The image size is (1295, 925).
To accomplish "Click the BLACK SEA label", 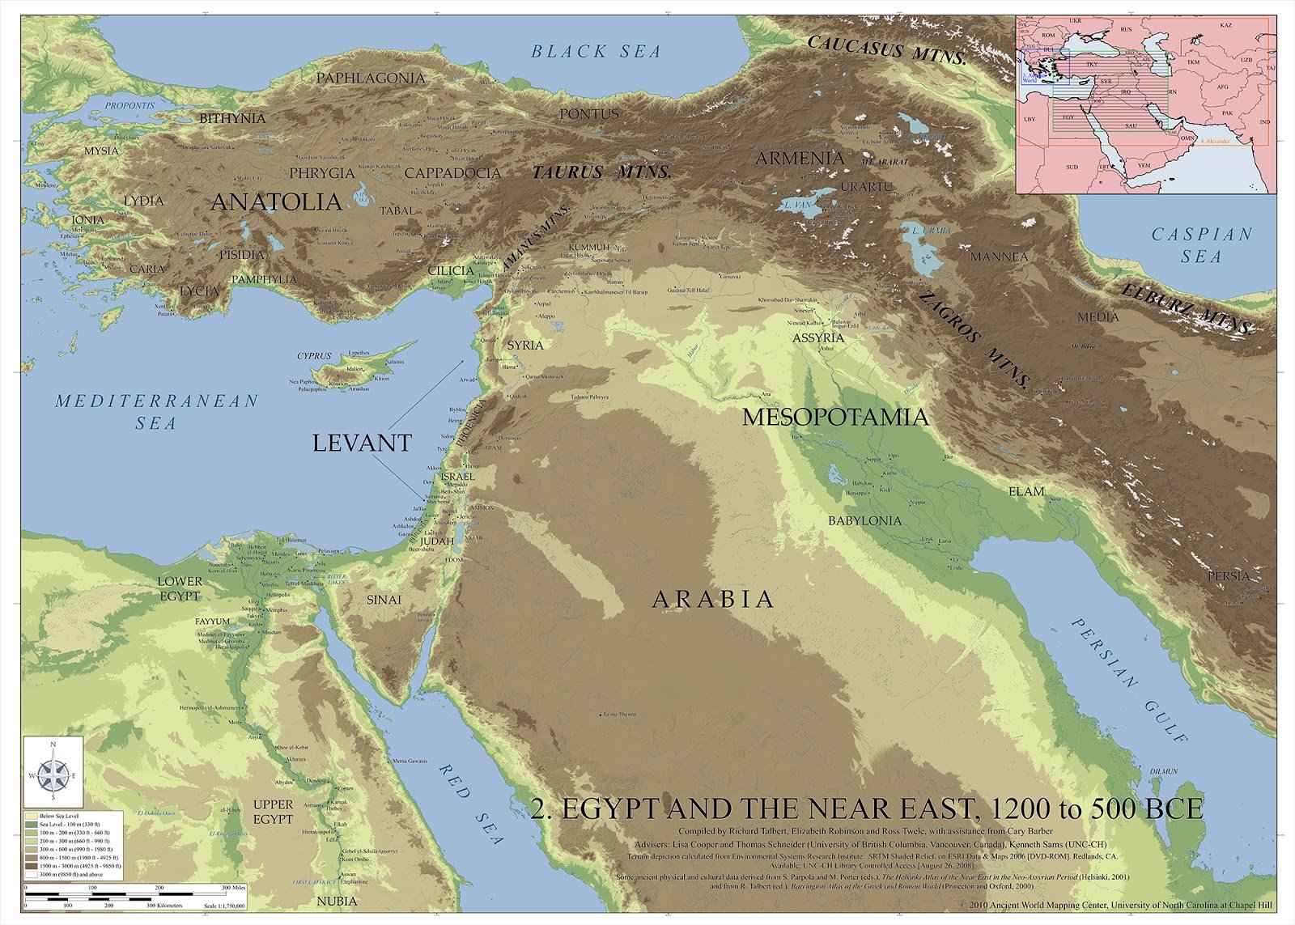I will tap(597, 52).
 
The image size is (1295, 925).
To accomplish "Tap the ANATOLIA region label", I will tap(275, 202).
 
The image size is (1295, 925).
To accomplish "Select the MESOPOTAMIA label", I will tap(835, 418).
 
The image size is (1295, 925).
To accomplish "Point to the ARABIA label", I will tap(713, 600).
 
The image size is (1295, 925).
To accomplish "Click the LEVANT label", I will tap(362, 443).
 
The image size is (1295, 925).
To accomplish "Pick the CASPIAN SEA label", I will tap(1202, 245).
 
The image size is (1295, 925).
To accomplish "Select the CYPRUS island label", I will tap(314, 356).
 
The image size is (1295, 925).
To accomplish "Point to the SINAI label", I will tap(384, 600).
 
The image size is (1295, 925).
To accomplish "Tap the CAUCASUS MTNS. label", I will tap(887, 49).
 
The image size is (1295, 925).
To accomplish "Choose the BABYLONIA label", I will tap(864, 520).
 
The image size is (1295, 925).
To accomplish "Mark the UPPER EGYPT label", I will tap(273, 812).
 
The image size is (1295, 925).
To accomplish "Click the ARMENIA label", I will tap(800, 159).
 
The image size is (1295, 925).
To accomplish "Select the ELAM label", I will tap(1026, 491).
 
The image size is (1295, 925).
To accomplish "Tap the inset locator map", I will tap(1145, 105).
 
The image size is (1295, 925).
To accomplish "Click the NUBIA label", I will tap(337, 901).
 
